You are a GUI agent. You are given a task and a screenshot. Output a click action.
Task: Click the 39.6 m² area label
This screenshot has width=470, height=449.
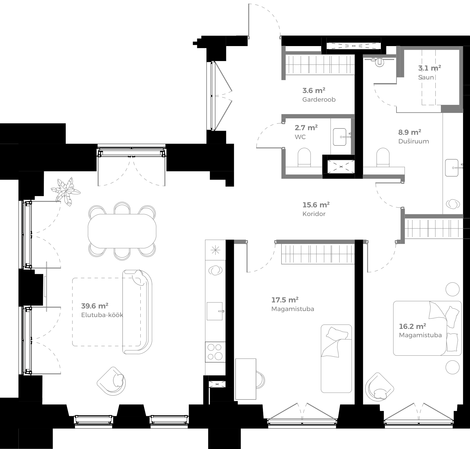point(95,306)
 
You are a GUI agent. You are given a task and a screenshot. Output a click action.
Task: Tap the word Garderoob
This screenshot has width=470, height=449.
point(319,100)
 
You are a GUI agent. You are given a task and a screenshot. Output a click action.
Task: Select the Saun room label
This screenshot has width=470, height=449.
point(426,77)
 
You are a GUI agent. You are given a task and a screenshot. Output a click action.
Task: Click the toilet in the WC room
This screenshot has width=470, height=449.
point(304,157)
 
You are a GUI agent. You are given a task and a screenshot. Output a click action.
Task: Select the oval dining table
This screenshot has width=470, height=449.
point(122,231)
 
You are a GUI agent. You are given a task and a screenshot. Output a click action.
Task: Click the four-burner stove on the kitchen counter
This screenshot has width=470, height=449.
point(215,352)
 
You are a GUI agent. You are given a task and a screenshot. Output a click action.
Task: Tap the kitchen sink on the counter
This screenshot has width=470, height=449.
point(215,311)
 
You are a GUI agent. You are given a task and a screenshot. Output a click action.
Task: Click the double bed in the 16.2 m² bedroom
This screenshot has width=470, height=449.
point(427,328)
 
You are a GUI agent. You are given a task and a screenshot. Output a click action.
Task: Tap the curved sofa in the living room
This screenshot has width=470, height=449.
point(137,312)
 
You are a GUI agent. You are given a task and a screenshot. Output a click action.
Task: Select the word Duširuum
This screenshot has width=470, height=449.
point(413,141)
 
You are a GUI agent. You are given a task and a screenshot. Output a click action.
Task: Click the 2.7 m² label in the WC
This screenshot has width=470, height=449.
point(306,128)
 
